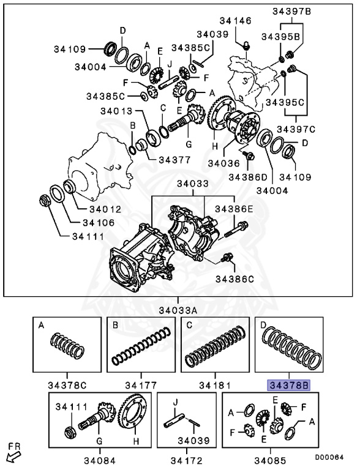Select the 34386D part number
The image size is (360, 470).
(247, 177)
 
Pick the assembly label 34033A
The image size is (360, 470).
(181, 309)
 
